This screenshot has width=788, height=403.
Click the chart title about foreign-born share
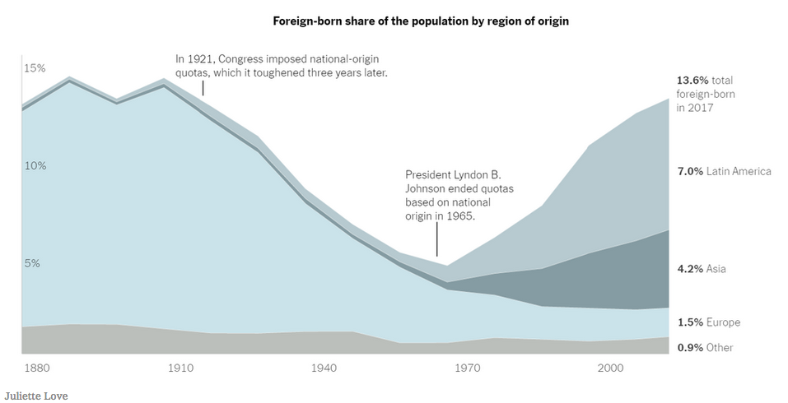click(421, 21)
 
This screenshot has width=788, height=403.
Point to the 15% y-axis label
click(35, 68)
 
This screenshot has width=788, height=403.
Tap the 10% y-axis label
click(35, 165)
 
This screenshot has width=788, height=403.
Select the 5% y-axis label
click(32, 263)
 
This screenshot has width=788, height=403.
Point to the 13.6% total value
click(692, 81)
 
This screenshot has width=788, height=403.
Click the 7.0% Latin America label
click(724, 171)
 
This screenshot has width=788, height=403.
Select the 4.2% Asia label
click(702, 269)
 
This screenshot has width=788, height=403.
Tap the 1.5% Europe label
click(708, 322)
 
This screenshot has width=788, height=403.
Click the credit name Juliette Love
click(36, 396)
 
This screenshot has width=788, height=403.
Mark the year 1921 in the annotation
click(202, 59)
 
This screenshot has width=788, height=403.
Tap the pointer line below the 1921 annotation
click(203, 88)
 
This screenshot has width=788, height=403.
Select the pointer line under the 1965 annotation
click(437, 243)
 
